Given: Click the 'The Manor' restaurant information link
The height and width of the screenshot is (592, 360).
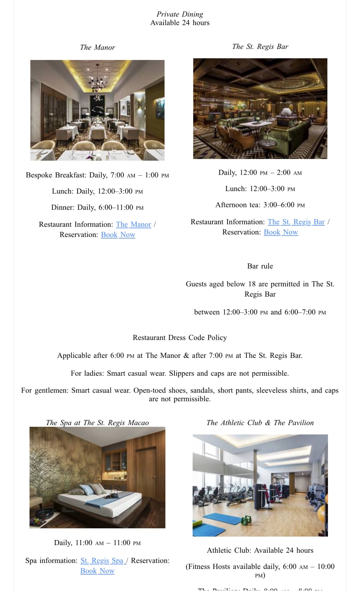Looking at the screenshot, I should (x=133, y=225).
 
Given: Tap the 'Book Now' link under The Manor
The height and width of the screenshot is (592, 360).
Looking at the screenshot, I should (x=118, y=235).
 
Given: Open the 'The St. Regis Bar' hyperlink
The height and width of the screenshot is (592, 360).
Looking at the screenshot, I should (x=296, y=222).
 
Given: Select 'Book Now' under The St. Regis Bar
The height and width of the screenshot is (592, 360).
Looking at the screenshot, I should (x=281, y=232).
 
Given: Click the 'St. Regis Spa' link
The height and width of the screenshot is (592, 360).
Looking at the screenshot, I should (x=102, y=561).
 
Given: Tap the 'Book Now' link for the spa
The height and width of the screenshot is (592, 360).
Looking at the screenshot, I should (x=97, y=571).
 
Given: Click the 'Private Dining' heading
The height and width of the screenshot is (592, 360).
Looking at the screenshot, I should (x=180, y=14).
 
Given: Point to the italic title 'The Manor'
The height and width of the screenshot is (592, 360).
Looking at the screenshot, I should (x=97, y=47).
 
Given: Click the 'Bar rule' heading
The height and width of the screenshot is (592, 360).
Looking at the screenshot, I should (x=260, y=266).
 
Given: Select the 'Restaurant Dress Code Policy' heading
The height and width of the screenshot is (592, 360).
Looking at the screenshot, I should (x=180, y=338).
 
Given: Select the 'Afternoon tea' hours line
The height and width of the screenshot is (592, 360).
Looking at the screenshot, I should (x=260, y=205).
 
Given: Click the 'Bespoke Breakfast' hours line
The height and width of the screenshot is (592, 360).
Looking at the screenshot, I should (x=97, y=175).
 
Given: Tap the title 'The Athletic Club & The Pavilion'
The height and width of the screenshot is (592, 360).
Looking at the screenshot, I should (x=260, y=423).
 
